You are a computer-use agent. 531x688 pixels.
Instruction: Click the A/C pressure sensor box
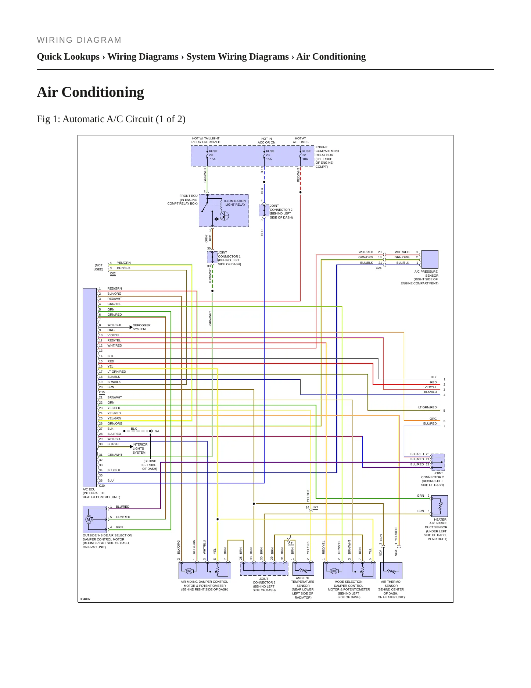(430, 259)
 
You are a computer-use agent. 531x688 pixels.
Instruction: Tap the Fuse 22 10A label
(306, 155)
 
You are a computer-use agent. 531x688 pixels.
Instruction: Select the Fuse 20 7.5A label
(213, 155)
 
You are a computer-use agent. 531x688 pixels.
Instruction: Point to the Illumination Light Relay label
(235, 203)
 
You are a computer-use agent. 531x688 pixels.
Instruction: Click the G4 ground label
(157, 431)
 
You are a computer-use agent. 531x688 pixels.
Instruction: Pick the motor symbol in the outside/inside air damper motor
(88, 519)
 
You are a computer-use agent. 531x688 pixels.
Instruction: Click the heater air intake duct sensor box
(439, 506)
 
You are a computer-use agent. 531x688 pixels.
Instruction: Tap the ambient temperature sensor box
(303, 569)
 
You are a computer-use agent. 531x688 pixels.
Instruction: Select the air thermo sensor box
(391, 570)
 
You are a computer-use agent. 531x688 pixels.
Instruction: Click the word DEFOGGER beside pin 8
(141, 325)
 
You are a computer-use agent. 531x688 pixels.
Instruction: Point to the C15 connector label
(102, 392)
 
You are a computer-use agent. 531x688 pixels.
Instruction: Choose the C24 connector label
(378, 268)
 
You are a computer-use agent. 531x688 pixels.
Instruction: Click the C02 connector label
(113, 273)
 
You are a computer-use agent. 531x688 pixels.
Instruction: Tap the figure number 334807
(85, 599)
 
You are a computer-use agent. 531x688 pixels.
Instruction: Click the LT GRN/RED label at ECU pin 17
(116, 372)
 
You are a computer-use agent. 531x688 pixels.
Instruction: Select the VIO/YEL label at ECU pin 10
(113, 335)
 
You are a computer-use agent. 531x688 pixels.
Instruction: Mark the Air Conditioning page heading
(90, 92)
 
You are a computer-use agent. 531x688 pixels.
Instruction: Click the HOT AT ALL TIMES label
(301, 140)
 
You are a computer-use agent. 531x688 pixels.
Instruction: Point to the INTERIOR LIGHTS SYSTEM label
(140, 448)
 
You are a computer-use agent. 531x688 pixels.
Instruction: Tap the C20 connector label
(102, 486)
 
